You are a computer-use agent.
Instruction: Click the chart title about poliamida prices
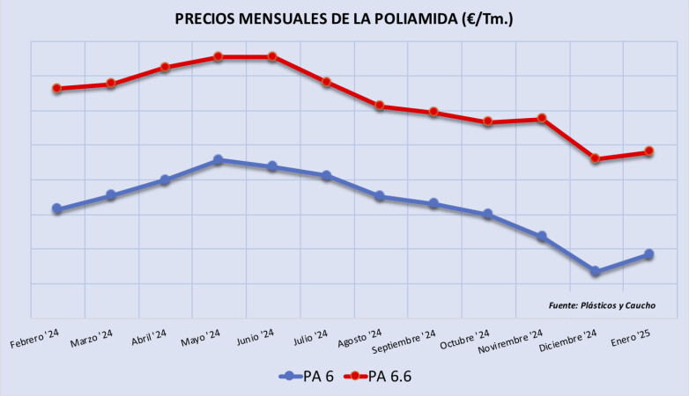tap(344, 18)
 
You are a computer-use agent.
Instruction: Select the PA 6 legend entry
tap(318, 376)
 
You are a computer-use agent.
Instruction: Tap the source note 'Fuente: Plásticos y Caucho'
tap(602, 305)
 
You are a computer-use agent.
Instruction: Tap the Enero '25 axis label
tap(631, 338)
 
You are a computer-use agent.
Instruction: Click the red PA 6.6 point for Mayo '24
tap(219, 57)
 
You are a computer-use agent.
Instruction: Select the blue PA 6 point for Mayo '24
tap(219, 160)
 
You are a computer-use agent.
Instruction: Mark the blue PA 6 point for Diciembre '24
tap(596, 272)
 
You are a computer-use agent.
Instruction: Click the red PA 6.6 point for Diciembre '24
tap(596, 159)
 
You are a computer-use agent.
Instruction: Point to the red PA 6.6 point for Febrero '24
tap(57, 88)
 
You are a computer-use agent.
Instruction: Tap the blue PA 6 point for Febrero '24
tap(57, 209)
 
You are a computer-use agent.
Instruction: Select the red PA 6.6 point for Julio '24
tap(326, 82)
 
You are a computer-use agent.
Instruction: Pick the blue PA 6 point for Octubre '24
tap(488, 214)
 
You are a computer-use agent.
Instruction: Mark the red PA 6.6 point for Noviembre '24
tap(542, 119)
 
